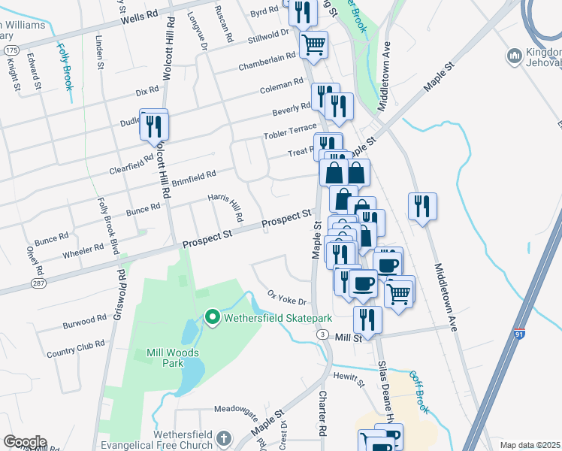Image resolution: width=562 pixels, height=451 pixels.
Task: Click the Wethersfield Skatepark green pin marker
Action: [212, 318]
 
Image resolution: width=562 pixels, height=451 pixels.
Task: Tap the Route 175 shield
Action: [11, 49]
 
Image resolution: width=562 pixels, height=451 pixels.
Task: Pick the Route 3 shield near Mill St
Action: [322, 334]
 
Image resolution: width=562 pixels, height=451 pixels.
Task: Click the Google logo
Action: [24, 442]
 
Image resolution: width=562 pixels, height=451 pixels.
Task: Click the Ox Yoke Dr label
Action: [287, 298]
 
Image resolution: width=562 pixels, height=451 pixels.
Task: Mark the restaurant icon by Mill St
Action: [367, 319]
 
